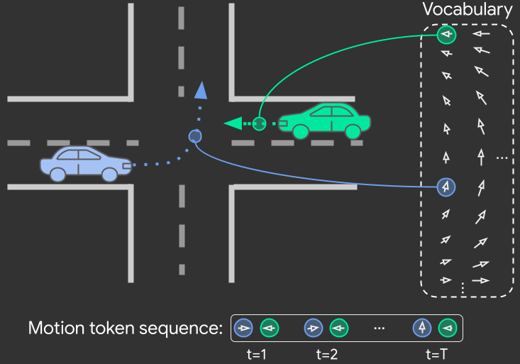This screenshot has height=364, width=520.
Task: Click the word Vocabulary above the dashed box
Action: tap(467, 10)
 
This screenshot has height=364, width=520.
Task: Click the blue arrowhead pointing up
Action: tap(201, 89)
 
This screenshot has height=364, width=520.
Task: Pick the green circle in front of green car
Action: tap(260, 124)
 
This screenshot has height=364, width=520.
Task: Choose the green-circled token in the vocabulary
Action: tap(446, 34)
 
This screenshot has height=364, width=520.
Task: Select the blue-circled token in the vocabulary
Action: tap(446, 187)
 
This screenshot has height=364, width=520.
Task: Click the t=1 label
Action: tap(256, 353)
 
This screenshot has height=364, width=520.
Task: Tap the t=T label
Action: tap(436, 353)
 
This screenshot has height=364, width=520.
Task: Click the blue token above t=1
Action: tap(244, 329)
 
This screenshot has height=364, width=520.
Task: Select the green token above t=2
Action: tap(339, 329)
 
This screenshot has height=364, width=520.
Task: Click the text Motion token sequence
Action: tap(125, 329)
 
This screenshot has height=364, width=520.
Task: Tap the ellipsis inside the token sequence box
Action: tap(379, 329)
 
